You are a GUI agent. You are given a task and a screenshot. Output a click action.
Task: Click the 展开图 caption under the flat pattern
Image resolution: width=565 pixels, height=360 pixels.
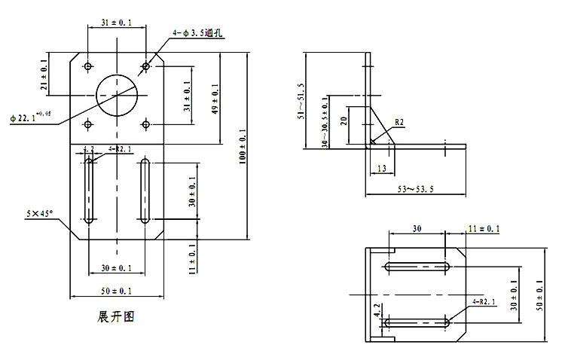pos(116,316)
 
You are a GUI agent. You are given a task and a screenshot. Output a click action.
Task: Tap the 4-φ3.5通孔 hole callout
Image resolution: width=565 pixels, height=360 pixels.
pos(197,32)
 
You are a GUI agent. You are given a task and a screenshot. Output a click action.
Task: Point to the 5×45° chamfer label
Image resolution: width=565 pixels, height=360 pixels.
pos(39,215)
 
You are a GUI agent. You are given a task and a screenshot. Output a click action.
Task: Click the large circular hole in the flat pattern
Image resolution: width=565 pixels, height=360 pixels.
pos(116,95)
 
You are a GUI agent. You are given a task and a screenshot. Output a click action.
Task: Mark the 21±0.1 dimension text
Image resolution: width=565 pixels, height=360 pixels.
pos(44,78)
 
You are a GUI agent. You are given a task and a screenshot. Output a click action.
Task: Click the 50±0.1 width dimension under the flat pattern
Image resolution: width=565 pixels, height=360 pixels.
pos(115,291)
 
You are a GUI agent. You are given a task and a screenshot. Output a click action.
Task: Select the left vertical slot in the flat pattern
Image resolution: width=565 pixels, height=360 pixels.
pos(90,191)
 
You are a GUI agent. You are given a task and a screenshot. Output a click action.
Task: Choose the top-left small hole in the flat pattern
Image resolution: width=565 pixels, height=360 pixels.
pos(89,67)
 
